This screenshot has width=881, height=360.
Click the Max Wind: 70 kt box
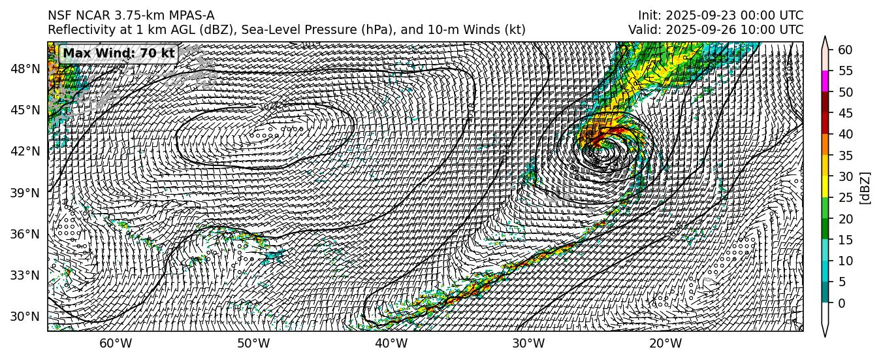(119, 54)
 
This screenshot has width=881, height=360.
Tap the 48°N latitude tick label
(25, 69)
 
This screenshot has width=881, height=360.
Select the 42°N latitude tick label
(25, 151)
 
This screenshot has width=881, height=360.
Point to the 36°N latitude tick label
(25, 234)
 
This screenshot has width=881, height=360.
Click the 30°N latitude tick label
(25, 316)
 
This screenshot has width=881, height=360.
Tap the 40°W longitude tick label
(391, 344)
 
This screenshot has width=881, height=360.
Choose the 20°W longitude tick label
(665, 344)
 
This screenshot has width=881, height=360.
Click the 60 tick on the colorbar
(845, 50)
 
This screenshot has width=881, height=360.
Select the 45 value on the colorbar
(845, 113)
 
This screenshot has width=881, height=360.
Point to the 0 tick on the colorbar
(842, 303)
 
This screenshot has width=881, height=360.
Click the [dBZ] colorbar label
(865, 188)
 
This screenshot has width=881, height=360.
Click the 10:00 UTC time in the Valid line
(773, 30)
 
